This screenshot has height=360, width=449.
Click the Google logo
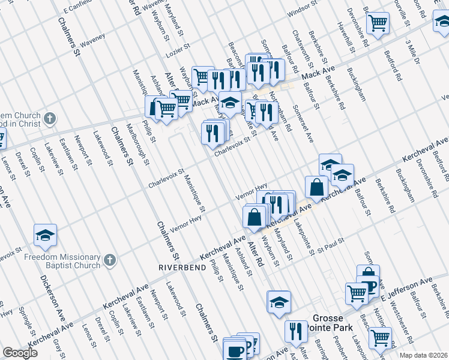(x=20, y=353)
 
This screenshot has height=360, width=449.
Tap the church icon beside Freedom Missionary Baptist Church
(x=109, y=260)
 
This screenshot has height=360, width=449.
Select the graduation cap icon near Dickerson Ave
(x=44, y=235)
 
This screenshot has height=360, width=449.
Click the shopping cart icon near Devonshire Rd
(x=378, y=23)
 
